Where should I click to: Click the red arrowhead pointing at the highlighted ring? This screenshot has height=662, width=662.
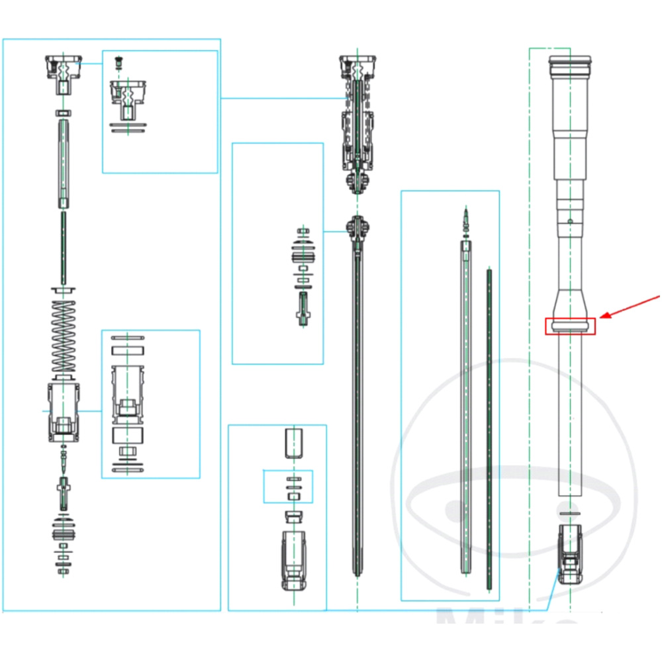pyautogui.click(x=603, y=316)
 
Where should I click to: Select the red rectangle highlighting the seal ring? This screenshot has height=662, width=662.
pyautogui.click(x=570, y=326)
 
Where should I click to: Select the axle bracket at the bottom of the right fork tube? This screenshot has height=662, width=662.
pyautogui.click(x=569, y=553)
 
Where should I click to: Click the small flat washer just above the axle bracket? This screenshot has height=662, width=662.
pyautogui.click(x=569, y=513)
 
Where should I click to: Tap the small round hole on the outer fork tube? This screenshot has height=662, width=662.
pyautogui.click(x=570, y=220)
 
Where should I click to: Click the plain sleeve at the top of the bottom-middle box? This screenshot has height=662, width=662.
pyautogui.click(x=293, y=443)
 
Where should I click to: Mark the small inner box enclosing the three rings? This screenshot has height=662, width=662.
pyautogui.click(x=289, y=487)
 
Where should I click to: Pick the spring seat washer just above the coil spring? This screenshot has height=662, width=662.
pyautogui.click(x=64, y=291)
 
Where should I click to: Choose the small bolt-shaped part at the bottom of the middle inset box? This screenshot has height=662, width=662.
pyautogui.click(x=303, y=308)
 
